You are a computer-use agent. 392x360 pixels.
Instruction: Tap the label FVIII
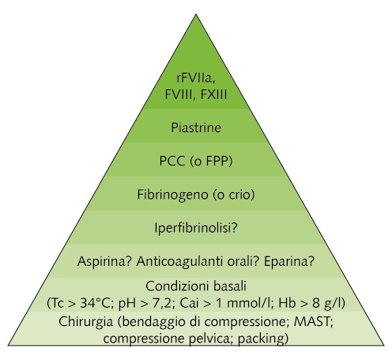click(x=179, y=95)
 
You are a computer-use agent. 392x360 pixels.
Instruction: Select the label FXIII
click(x=213, y=95)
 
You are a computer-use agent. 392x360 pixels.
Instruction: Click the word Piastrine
click(x=196, y=127)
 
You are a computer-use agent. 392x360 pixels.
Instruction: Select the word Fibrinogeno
click(x=173, y=195)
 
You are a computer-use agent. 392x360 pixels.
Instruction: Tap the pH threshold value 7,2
click(x=162, y=304)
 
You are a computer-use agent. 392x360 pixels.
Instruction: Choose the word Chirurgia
click(x=85, y=322)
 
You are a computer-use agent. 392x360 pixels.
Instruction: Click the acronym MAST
click(x=311, y=321)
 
